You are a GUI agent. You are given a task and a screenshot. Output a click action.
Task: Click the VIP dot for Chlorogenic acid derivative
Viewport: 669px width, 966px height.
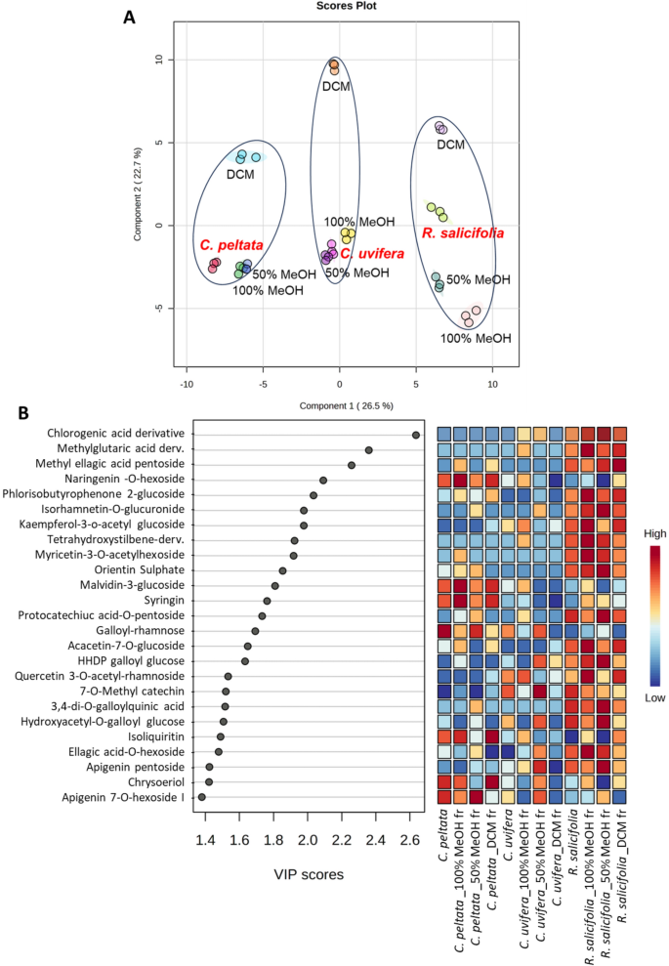[x=416, y=435]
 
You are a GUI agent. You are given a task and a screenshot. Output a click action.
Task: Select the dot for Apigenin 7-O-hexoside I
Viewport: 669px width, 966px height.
[x=201, y=797]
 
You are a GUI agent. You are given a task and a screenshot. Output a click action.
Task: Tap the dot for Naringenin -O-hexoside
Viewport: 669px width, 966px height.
[x=323, y=480]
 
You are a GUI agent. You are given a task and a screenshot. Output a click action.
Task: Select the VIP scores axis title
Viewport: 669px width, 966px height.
[x=309, y=873]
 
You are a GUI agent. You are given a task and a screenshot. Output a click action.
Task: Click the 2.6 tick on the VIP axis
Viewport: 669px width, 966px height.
[x=410, y=839]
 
